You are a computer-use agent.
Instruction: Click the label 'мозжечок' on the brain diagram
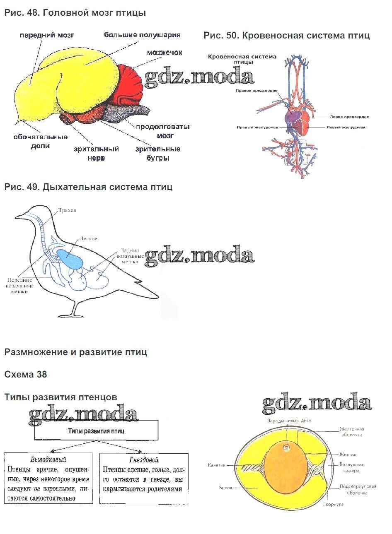[x=164, y=53]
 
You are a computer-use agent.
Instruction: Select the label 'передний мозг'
[x=47, y=35]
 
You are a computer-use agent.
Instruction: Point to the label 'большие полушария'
[x=142, y=35]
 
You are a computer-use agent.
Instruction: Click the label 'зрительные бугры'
[x=158, y=153]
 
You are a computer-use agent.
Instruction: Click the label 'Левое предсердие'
[x=349, y=117]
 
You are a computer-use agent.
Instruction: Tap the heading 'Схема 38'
[x=26, y=374]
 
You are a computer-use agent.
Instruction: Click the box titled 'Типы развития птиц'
[x=96, y=431]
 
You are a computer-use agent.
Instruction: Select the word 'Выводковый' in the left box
[x=48, y=459]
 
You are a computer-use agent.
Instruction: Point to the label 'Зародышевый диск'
[x=289, y=421]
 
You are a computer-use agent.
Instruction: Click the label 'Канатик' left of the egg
[x=217, y=465]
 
